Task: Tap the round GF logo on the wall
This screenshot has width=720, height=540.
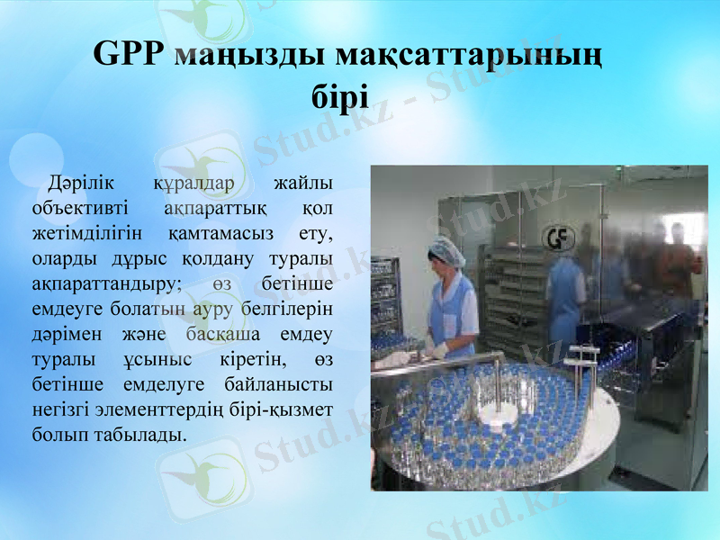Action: coord(557,237)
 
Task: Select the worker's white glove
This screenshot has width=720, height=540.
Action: coord(438,348)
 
